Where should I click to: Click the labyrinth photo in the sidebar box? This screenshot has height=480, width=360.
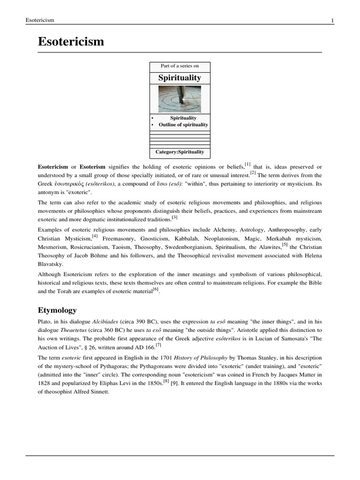(180, 99)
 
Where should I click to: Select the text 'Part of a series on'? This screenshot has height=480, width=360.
(180, 66)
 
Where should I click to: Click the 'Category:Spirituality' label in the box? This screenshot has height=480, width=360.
(180, 152)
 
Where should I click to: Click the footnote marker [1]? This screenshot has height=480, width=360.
(247, 165)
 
